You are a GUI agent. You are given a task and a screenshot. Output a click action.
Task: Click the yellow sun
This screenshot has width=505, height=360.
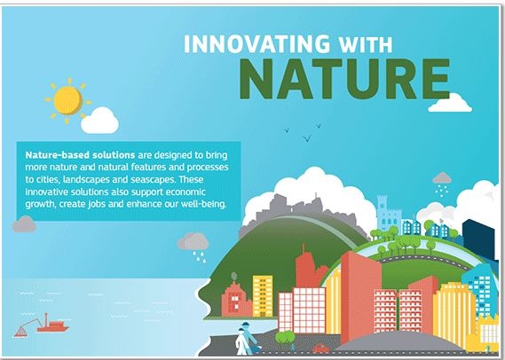coord(67,101)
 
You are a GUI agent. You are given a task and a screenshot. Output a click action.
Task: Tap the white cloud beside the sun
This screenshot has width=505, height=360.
coord(99,121)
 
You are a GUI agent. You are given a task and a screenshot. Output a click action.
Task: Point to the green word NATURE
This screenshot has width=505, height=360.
coord(344,79)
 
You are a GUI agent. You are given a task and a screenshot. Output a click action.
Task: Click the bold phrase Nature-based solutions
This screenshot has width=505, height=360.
coord(80,155)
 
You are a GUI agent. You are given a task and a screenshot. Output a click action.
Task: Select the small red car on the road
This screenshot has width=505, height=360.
coord(320,348)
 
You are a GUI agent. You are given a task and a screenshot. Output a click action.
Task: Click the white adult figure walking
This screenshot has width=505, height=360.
coord(241,341)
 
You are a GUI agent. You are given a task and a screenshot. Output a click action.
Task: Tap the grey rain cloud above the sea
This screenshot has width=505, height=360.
coord(193,242)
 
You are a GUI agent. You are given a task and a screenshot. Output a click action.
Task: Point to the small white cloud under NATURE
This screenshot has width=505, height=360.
coord(450,103)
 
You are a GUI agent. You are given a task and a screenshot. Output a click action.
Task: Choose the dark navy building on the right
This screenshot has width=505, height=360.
coord(478,239)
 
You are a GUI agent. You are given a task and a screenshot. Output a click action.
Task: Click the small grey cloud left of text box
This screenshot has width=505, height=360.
coord(24,224)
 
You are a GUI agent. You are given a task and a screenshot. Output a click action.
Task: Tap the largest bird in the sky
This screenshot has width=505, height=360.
coord(307,138)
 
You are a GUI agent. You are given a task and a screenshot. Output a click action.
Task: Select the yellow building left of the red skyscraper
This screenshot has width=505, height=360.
coord(263,296)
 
